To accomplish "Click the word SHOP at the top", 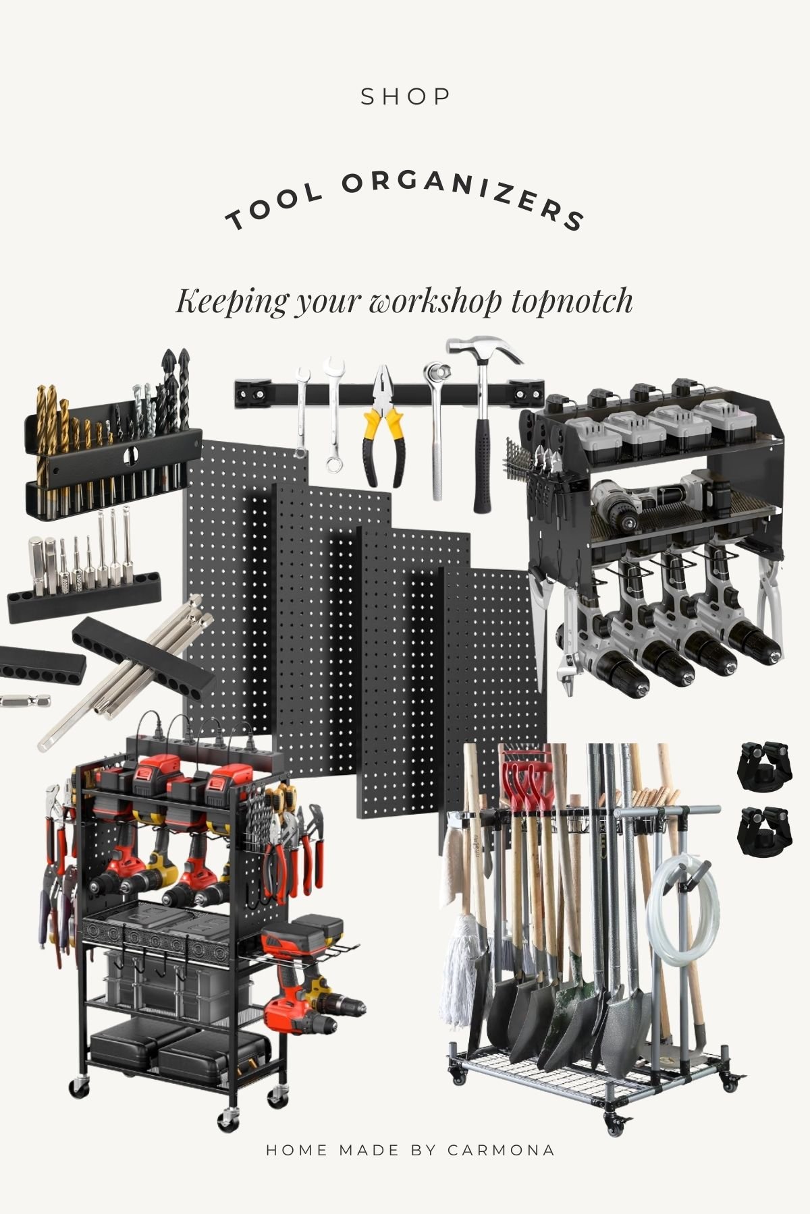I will point(405,97).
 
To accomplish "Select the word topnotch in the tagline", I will point(572,301).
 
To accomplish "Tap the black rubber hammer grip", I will point(482,465).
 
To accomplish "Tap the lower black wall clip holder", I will point(765,831).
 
